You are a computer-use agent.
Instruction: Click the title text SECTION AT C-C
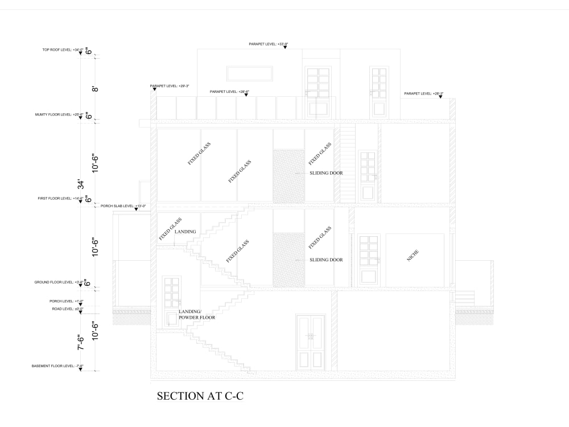200,396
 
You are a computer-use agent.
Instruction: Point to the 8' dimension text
96,88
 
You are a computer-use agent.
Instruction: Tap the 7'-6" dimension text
81,342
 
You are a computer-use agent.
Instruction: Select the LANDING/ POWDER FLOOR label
196,314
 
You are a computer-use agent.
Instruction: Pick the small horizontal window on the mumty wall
250,73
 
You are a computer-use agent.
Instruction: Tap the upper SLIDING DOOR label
326,173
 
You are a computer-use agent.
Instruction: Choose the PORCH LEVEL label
67,301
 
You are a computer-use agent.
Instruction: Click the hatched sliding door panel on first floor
288,176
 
